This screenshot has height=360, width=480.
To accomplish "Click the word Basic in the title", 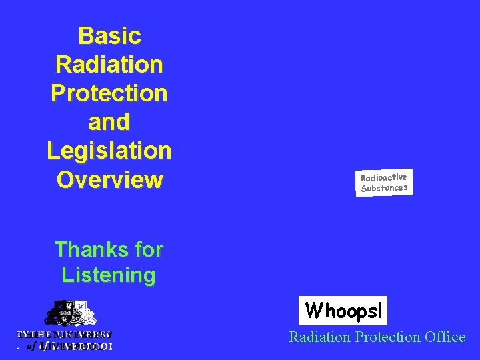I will (109, 35).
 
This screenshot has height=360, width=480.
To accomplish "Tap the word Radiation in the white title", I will (109, 65).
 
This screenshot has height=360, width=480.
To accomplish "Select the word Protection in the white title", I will (109, 93).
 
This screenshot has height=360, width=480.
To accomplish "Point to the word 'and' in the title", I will (109, 122).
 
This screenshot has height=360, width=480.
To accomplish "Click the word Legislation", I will (109, 151).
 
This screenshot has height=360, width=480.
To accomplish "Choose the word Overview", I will (109, 180).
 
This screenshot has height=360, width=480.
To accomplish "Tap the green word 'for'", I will (144, 250).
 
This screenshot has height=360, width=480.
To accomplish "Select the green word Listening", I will (109, 275).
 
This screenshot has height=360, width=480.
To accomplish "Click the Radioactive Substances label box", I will (384, 183).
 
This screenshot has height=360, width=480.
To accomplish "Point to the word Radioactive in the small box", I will (384, 177).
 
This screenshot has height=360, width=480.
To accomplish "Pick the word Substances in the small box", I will (384, 188).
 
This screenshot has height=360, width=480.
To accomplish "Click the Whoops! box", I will (344, 311).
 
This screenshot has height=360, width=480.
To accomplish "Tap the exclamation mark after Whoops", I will (379, 311).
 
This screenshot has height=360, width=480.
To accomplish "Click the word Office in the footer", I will (446, 337).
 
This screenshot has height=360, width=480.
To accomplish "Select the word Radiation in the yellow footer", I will (319, 337).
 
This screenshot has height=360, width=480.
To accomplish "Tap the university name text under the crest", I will (65, 340).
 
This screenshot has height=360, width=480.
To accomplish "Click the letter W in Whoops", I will (312, 311).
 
